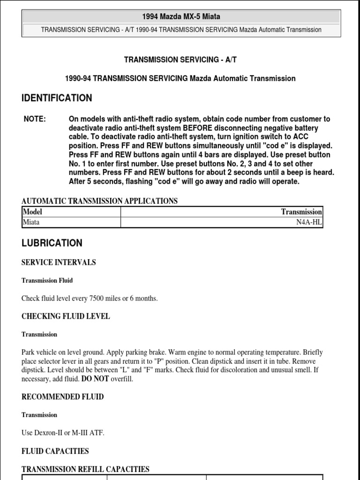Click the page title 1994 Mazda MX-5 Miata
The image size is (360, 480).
tap(180, 17)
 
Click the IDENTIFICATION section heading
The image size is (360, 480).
tap(57, 98)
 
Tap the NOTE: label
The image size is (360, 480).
tap(35, 119)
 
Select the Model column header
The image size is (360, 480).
tap(33, 211)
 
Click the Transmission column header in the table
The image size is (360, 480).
tap(301, 212)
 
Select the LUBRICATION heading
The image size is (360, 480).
tap(52, 243)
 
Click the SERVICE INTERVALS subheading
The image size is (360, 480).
tap(59, 262)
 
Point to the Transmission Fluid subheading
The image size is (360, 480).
tap(47, 280)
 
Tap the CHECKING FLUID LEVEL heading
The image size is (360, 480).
tap(66, 316)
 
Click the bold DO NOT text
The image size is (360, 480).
tap(95, 379)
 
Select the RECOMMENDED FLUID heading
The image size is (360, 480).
tap(63, 397)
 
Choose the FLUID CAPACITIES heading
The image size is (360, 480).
tap(55, 451)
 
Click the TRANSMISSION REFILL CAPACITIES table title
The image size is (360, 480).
tap(85, 469)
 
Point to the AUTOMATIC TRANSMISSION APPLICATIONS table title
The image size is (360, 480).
tap(99, 201)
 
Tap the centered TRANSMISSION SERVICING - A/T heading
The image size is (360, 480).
tap(180, 60)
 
